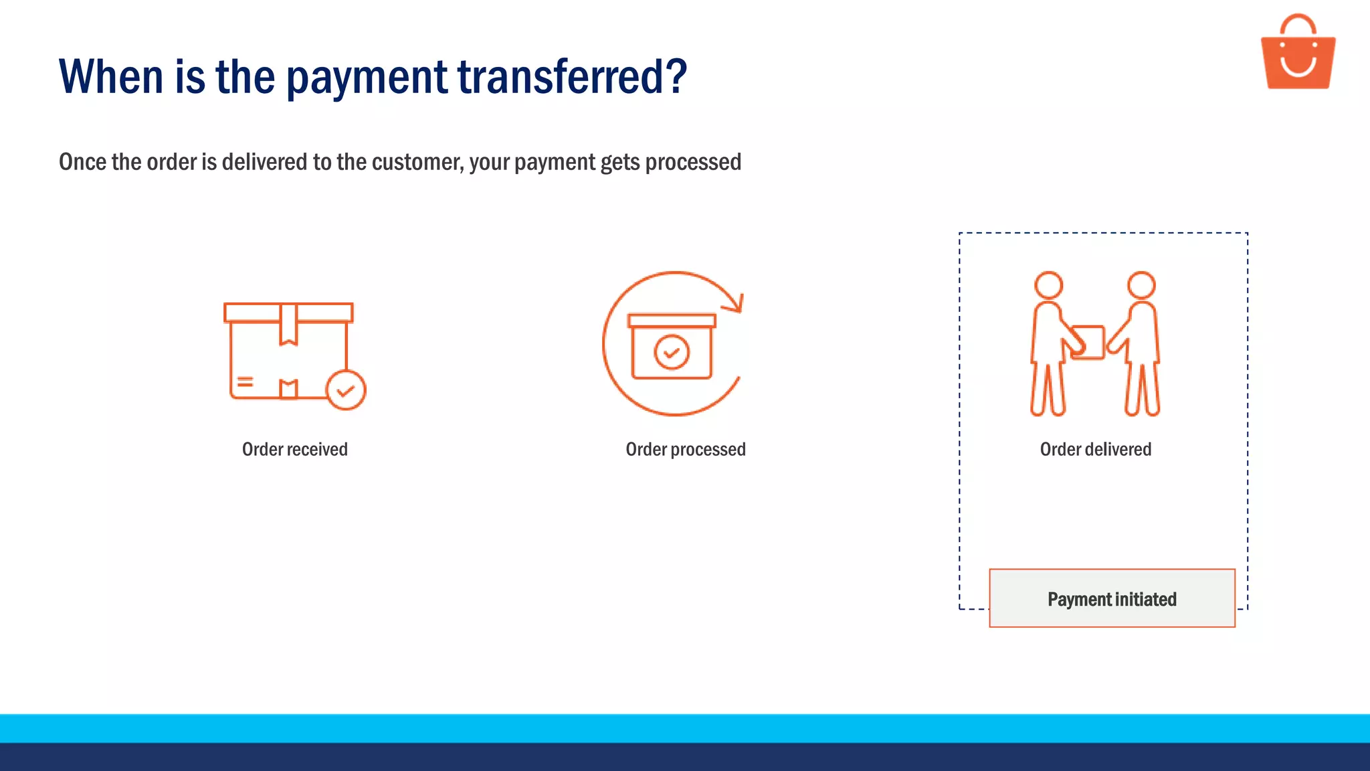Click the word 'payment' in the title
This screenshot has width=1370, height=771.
(367, 78)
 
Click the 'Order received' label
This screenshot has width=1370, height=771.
(294, 449)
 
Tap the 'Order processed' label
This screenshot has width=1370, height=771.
(685, 449)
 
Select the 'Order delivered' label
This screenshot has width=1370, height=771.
(1095, 449)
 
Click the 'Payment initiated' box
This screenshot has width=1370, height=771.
(1112, 598)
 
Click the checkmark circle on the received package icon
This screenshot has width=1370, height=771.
(346, 390)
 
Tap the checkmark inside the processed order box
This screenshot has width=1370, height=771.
(672, 352)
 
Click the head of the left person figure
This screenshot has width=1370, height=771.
(1048, 285)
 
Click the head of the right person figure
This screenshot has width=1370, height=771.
(1141, 285)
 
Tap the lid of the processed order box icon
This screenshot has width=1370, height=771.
(672, 321)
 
